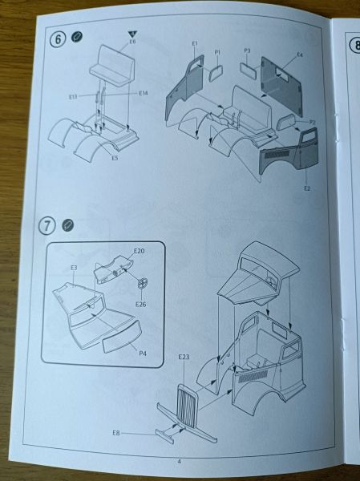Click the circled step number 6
point(58,39)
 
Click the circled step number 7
point(47,226)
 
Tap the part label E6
point(132,41)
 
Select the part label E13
point(73,97)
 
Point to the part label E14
point(144,93)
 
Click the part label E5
point(115,158)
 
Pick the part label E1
point(195,43)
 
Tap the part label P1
point(217,53)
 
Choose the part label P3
point(248,51)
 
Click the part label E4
point(300,55)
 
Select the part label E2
point(307,188)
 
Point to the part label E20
point(139,251)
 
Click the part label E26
point(141,304)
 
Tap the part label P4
point(143,354)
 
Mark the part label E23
point(184,357)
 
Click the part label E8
point(116,433)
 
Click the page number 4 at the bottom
point(180,462)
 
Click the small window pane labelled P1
point(216,73)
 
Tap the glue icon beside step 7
point(67,225)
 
